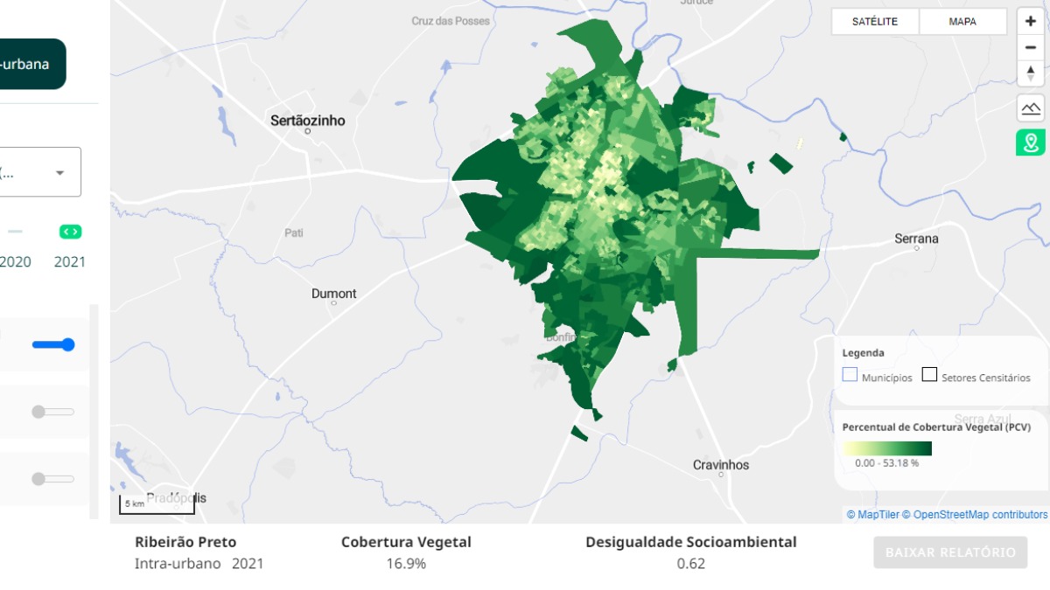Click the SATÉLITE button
click(x=875, y=22)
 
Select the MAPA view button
click(x=962, y=22)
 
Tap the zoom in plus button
click(x=1030, y=21)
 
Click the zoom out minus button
click(x=1030, y=47)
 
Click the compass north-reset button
click(x=1030, y=73)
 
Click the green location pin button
click(x=1030, y=142)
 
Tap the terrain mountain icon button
click(x=1030, y=108)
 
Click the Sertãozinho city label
click(x=307, y=121)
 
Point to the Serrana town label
click(x=916, y=239)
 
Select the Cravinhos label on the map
click(x=721, y=465)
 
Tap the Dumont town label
click(x=333, y=294)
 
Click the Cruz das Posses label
click(x=451, y=21)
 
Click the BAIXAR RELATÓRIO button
click(x=950, y=552)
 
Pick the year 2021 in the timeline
click(x=70, y=261)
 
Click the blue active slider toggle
click(x=53, y=344)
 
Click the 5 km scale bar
click(x=157, y=504)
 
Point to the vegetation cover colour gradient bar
click(x=886, y=448)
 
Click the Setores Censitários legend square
click(x=929, y=375)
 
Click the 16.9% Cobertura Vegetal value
click(x=406, y=564)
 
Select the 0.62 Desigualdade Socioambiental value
click(x=690, y=564)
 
